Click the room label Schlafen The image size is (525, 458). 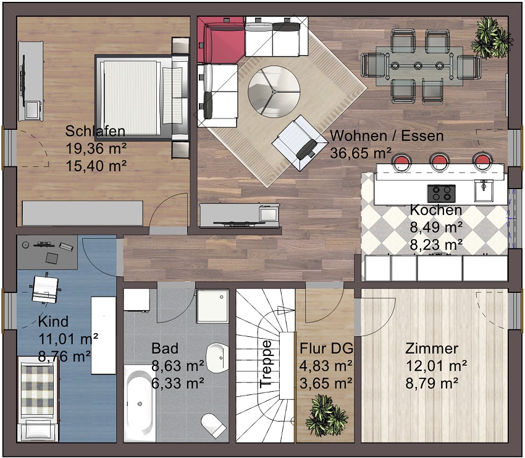(95, 131)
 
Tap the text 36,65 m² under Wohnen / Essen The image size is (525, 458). (361, 153)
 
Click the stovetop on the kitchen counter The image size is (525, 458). (441, 193)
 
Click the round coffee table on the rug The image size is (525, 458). (274, 91)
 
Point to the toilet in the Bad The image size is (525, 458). (213, 425)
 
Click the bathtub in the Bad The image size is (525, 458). (140, 404)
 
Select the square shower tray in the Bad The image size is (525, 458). (212, 306)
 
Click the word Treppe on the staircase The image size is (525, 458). (266, 364)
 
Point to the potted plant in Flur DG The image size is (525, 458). (325, 415)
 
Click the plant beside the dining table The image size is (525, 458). (492, 38)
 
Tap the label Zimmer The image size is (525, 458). (432, 349)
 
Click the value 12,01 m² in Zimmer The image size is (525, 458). (436, 365)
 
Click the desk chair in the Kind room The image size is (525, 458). (44, 289)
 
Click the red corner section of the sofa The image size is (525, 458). (220, 39)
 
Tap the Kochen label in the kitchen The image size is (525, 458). (436, 210)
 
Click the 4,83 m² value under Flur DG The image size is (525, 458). (325, 365)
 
